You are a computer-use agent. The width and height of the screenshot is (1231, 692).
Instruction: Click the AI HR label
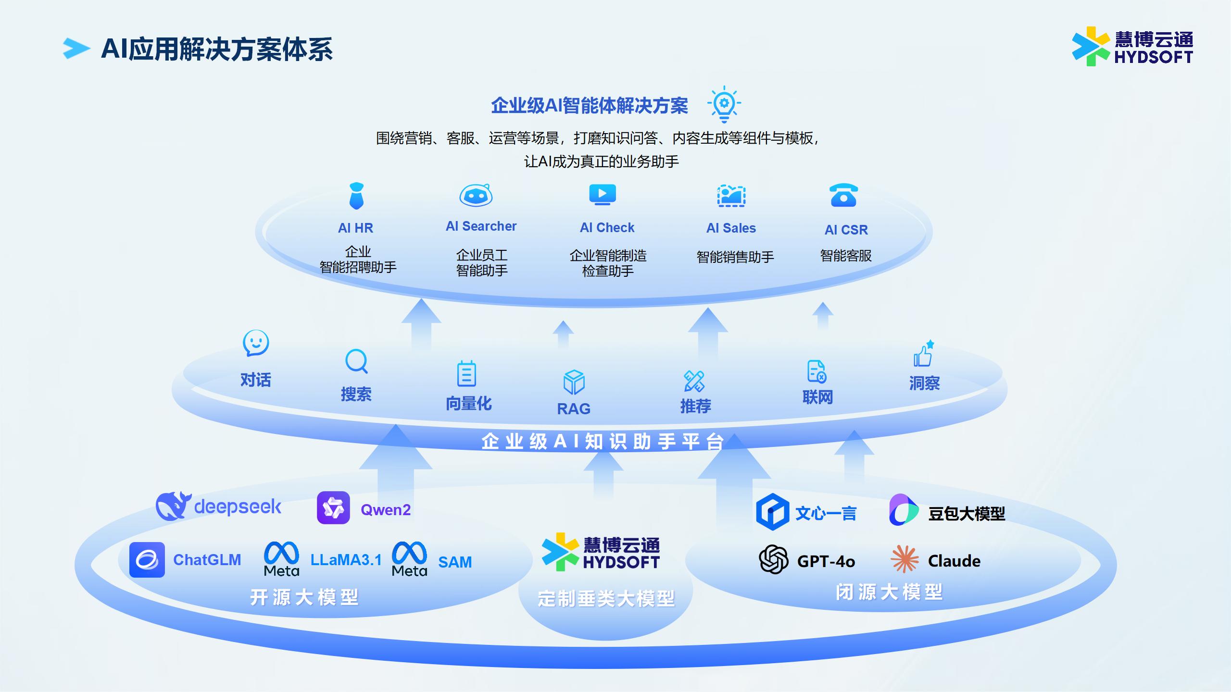click(x=355, y=228)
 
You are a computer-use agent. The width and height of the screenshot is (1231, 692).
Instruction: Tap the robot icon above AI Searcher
click(x=476, y=195)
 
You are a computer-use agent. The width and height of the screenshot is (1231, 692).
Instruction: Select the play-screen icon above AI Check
click(x=603, y=195)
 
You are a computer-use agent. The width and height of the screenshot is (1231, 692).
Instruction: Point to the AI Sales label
click(x=731, y=228)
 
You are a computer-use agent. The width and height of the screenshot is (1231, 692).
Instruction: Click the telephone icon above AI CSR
click(x=843, y=195)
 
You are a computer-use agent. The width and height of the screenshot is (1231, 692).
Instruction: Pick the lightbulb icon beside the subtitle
click(x=724, y=104)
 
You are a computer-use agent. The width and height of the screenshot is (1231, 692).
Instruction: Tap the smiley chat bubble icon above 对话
click(x=256, y=343)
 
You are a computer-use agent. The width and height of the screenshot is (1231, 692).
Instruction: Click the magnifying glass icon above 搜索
click(x=357, y=361)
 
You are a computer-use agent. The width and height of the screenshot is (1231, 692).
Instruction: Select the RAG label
click(x=574, y=409)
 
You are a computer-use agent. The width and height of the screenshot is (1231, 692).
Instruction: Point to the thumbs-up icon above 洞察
click(x=924, y=354)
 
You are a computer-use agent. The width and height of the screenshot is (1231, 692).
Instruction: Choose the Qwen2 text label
click(x=386, y=510)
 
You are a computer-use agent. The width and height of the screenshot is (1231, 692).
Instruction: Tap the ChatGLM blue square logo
click(x=147, y=560)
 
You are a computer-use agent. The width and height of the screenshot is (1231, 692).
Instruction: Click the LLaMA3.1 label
click(x=346, y=560)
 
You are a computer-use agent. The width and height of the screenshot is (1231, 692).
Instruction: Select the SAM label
click(x=455, y=562)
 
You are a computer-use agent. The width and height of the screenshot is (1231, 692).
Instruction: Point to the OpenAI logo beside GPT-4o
click(x=773, y=559)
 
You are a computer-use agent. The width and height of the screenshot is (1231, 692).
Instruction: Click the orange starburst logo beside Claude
click(x=904, y=559)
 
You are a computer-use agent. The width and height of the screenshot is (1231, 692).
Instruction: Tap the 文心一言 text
click(x=826, y=513)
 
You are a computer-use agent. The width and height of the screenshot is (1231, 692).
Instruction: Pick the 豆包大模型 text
click(x=967, y=514)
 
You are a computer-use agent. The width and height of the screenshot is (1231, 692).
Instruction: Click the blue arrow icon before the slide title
click(x=76, y=49)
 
